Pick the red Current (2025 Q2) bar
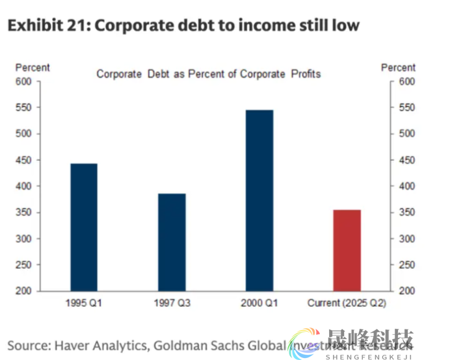coord(347,250)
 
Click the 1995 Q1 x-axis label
coord(84,303)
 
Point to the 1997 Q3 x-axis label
coord(172,303)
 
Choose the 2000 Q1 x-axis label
coord(259,303)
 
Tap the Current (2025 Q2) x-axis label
coord(347,303)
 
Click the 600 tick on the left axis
coord(23,82)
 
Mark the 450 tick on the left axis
coord(23,160)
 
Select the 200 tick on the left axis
coord(23,291)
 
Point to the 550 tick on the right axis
coord(406,108)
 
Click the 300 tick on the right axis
coord(406,238)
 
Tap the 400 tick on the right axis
coord(406,186)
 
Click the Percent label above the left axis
coord(33,68)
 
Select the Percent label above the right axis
coord(398,68)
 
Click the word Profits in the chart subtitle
coord(305,74)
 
